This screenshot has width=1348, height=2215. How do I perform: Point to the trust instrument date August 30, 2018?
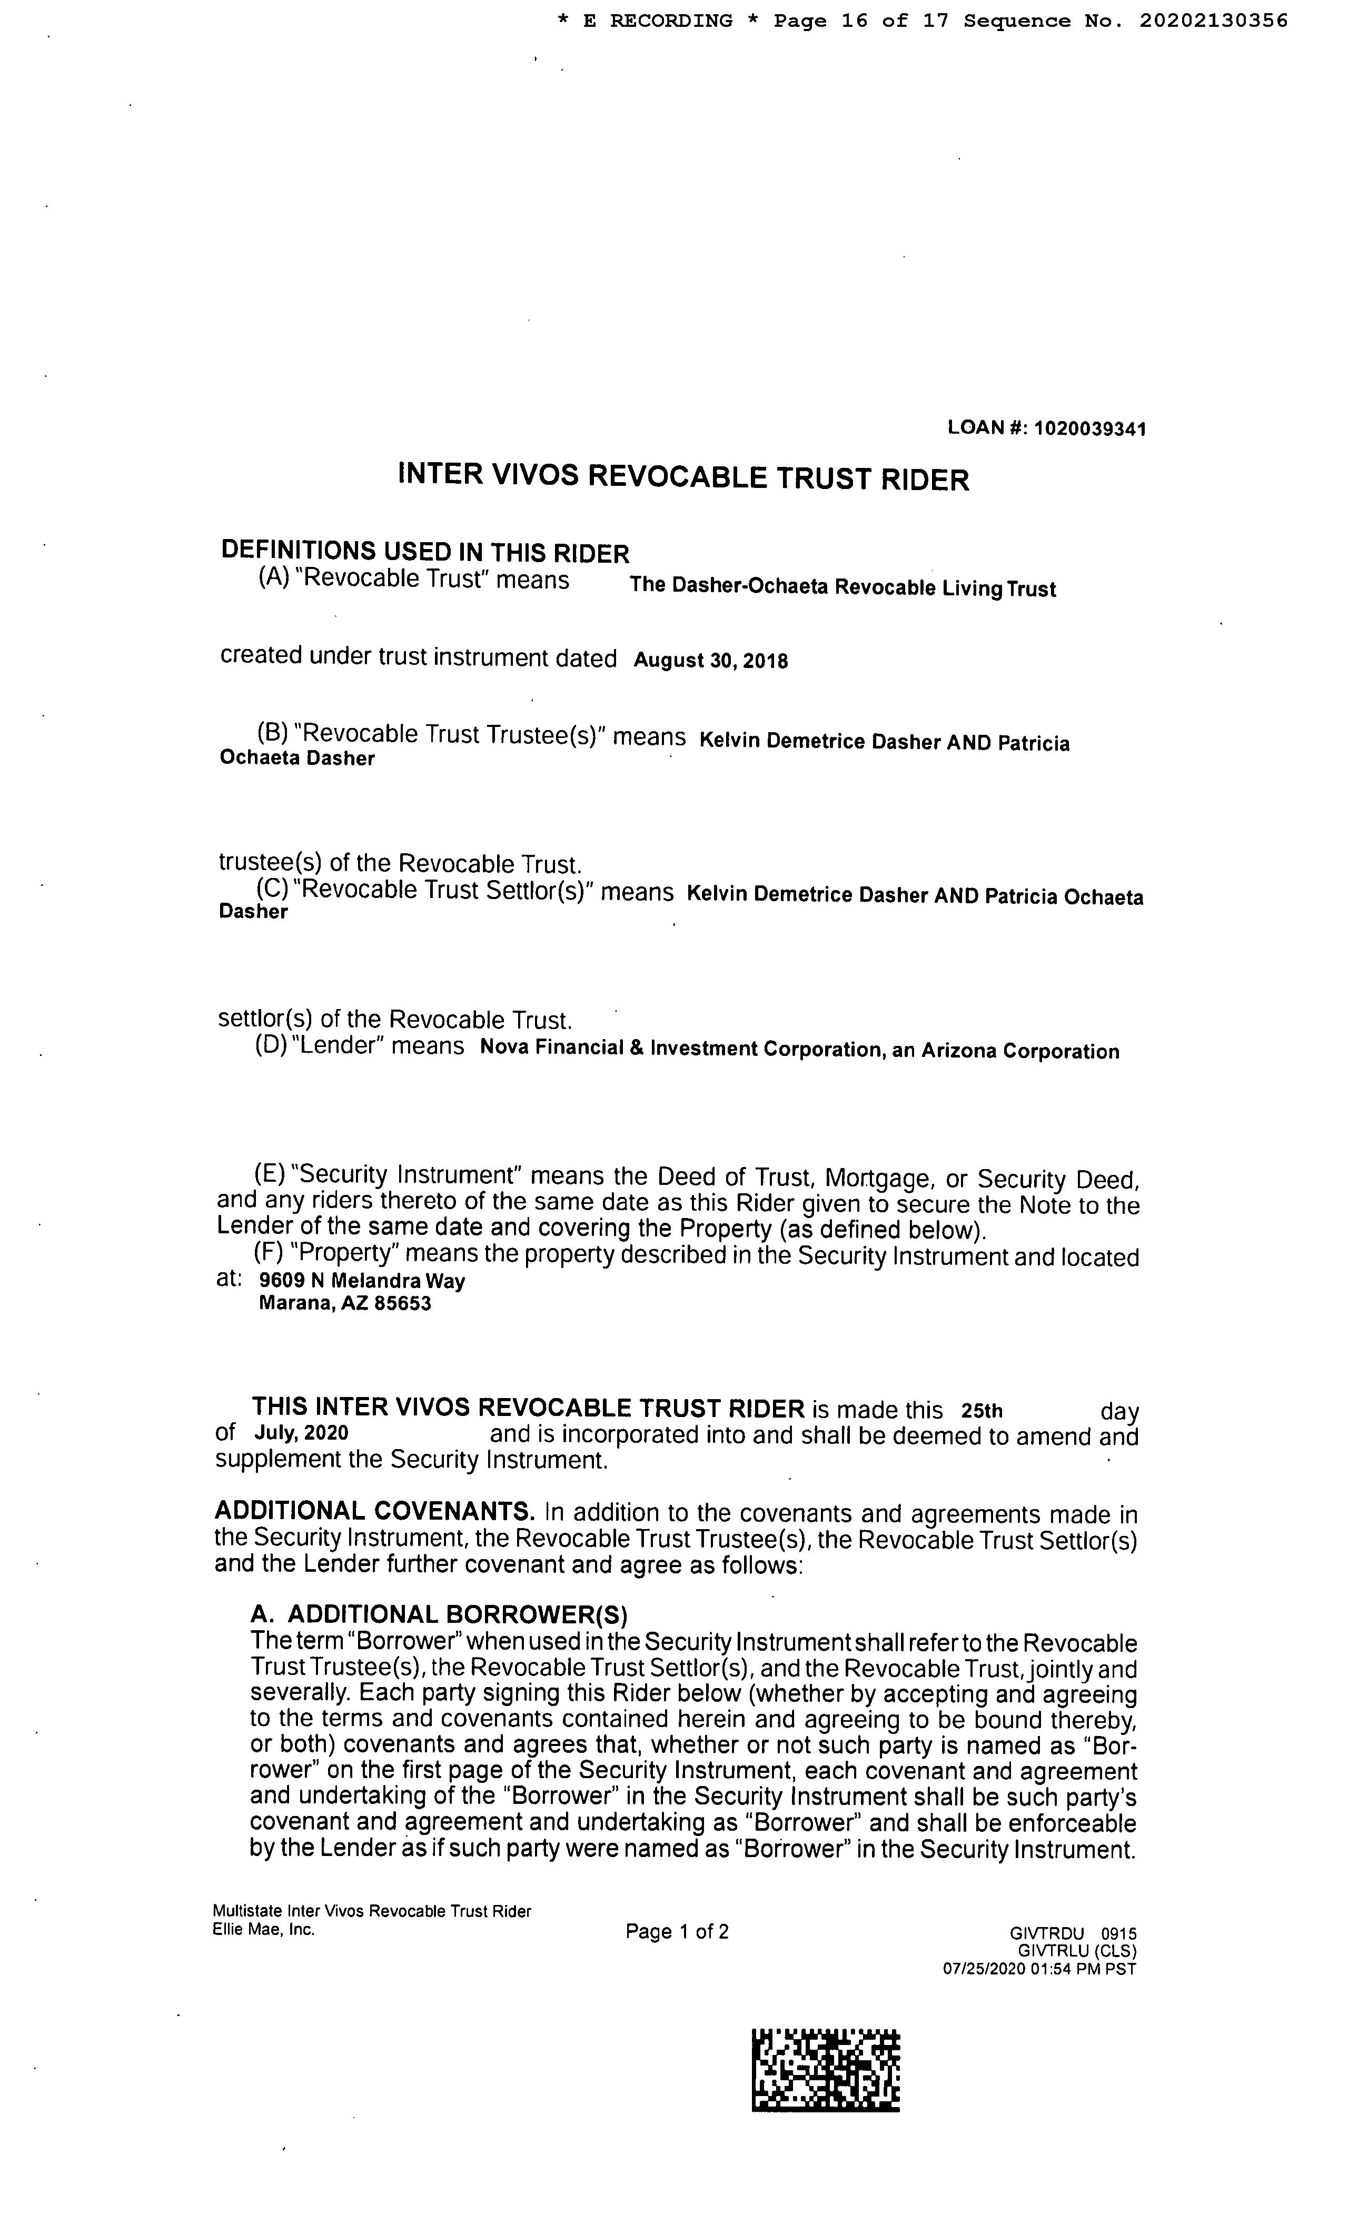(x=710, y=661)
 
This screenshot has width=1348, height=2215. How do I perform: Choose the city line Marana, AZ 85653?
(x=344, y=1303)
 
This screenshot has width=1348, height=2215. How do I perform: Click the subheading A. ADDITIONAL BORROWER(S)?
(x=438, y=1615)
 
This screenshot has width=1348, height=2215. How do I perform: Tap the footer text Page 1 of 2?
(x=676, y=1931)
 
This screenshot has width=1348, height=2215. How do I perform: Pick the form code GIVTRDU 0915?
(x=1073, y=1933)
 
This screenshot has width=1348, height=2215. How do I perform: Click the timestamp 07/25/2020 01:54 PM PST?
(x=1039, y=1969)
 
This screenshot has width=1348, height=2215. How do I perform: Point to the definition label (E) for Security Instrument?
(x=270, y=1174)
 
